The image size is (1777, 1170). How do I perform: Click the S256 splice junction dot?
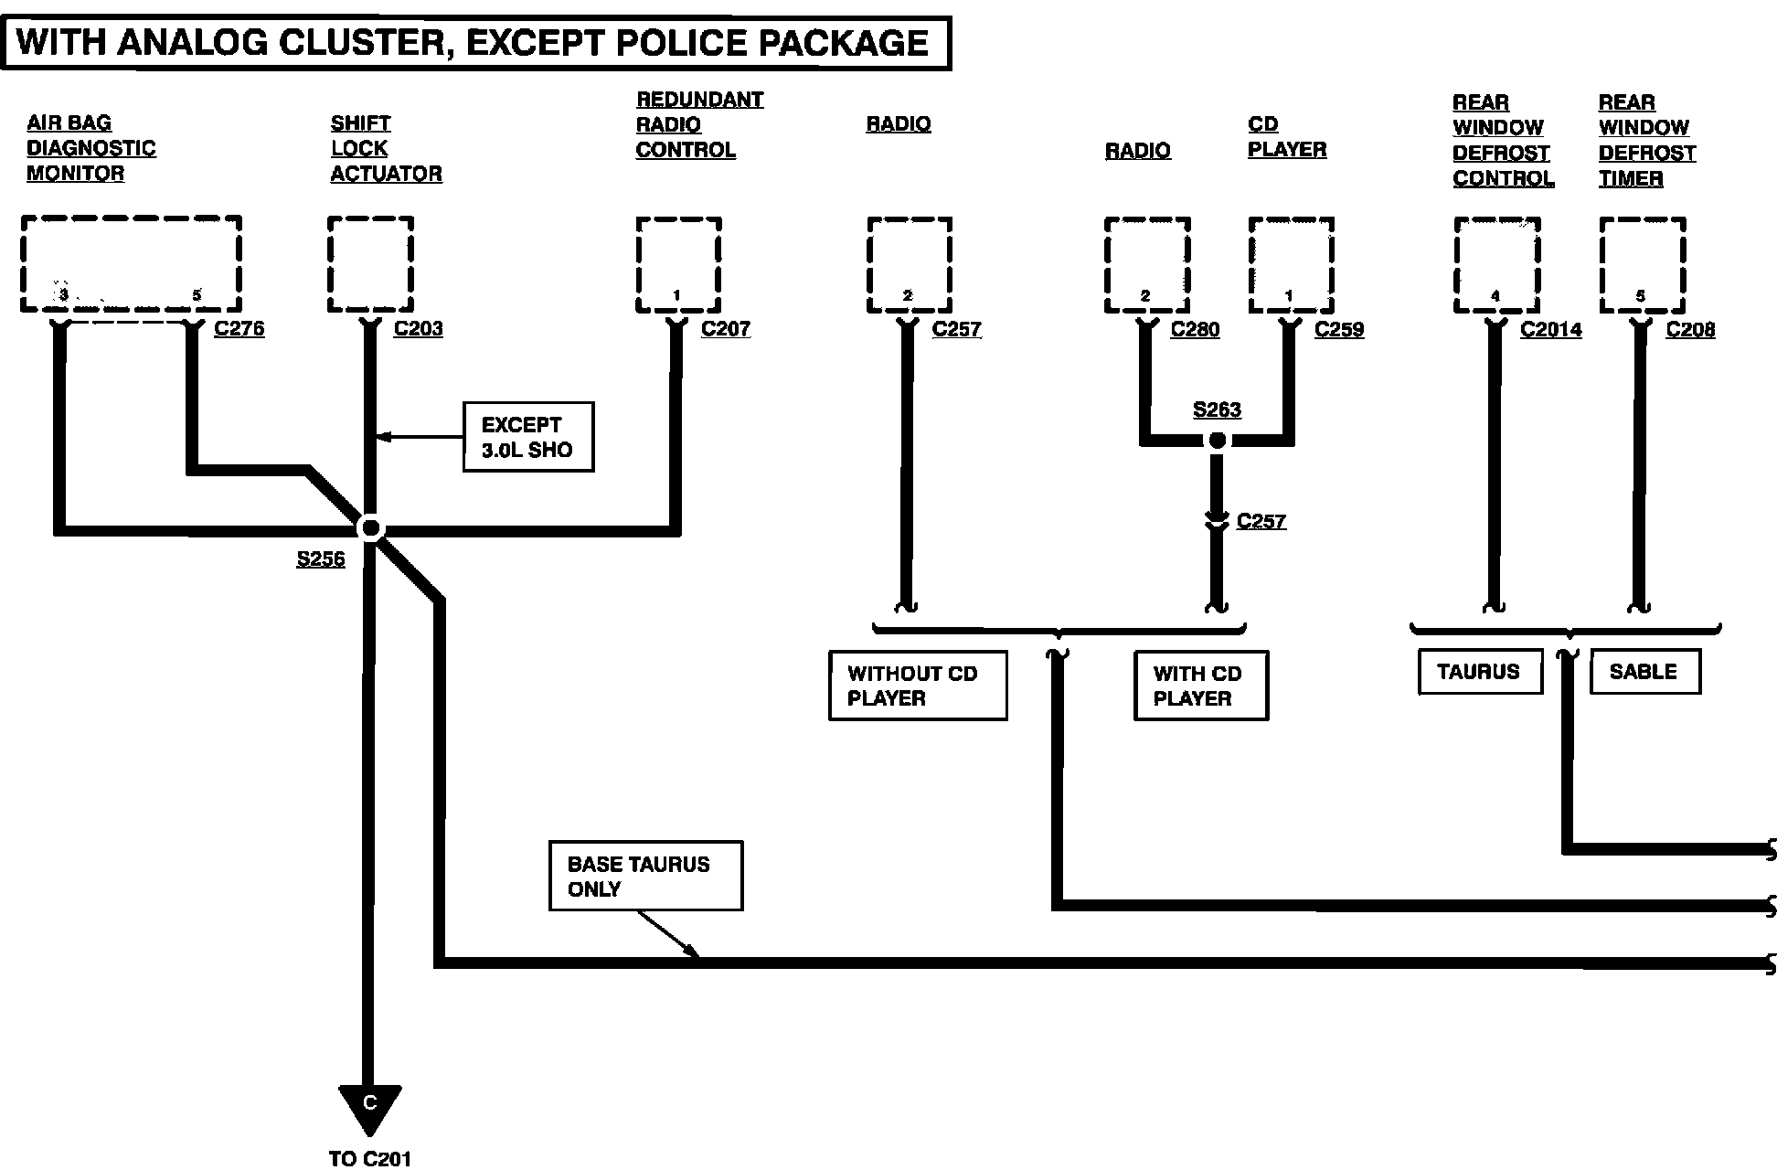(370, 528)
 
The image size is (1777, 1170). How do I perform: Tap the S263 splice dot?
(1217, 441)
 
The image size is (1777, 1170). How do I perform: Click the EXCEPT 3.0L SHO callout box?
(527, 437)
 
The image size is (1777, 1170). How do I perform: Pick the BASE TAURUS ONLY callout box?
(645, 876)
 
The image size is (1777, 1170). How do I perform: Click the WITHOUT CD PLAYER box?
(917, 686)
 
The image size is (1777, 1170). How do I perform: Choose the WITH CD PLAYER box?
(1200, 686)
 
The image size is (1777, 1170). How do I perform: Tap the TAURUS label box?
(1479, 672)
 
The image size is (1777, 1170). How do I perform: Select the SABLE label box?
(1644, 672)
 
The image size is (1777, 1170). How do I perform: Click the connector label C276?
(239, 328)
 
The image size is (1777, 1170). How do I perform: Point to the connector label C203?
(418, 328)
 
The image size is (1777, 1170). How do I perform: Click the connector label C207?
(725, 328)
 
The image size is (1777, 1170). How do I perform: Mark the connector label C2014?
(1550, 329)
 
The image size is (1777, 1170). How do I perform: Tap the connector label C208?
(1690, 329)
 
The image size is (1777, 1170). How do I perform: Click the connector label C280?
(1195, 329)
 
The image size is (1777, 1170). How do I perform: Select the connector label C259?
(1338, 329)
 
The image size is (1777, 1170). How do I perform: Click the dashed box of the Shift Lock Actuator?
(370, 264)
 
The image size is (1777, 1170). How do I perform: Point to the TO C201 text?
(369, 1159)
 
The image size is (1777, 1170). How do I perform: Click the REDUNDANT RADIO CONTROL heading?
(699, 124)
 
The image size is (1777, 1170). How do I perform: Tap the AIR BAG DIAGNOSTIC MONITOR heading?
(90, 148)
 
